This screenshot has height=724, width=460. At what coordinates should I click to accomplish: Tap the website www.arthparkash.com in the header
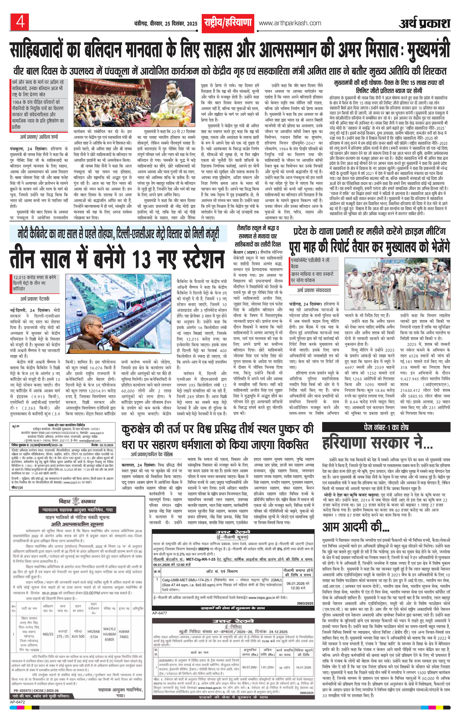[x=290, y=23]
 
